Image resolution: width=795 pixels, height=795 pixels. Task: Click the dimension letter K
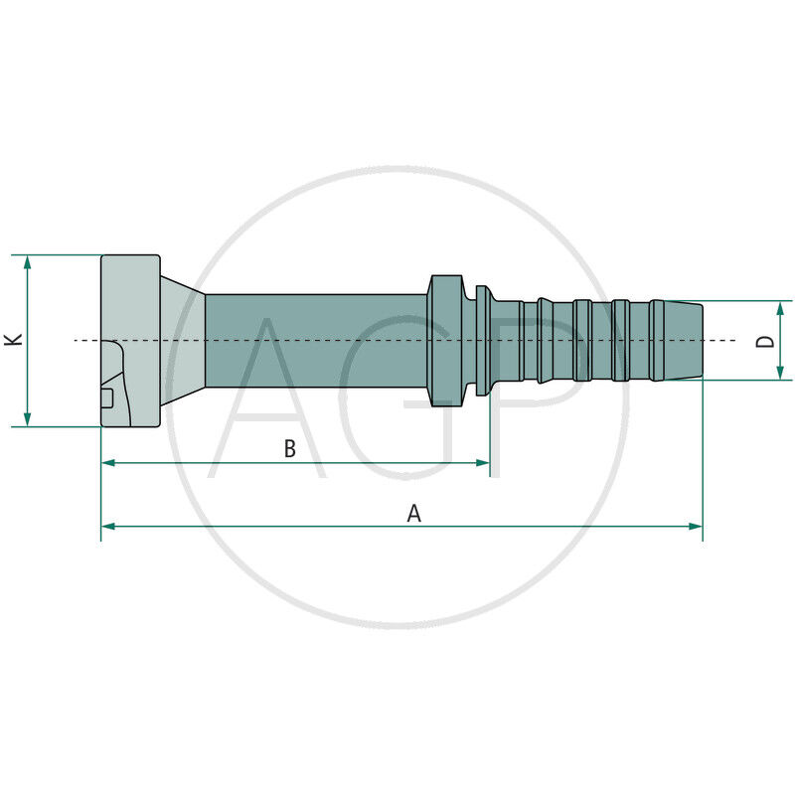click(13, 340)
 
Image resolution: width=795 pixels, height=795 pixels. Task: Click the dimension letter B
click(290, 449)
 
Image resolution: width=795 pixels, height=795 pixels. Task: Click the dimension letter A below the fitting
click(414, 514)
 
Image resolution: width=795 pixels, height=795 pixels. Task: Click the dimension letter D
click(765, 341)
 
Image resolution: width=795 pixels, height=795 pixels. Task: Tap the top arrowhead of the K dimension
click(28, 261)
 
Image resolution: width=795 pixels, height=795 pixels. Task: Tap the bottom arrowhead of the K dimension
click(28, 419)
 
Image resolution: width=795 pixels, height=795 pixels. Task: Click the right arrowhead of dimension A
click(696, 526)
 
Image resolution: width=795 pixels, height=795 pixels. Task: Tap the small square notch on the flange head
click(107, 398)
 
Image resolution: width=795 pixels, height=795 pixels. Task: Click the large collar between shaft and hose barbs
click(446, 341)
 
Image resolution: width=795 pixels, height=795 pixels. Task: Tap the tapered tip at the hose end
click(684, 341)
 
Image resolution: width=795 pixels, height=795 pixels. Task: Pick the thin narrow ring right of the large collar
click(482, 341)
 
